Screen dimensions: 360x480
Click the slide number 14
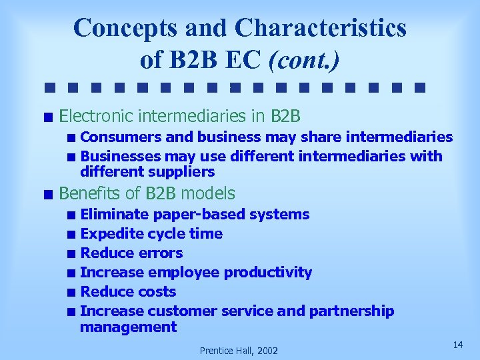[x=457, y=344]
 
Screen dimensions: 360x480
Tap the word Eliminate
[x=114, y=215]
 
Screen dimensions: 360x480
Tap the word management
[x=128, y=327]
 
